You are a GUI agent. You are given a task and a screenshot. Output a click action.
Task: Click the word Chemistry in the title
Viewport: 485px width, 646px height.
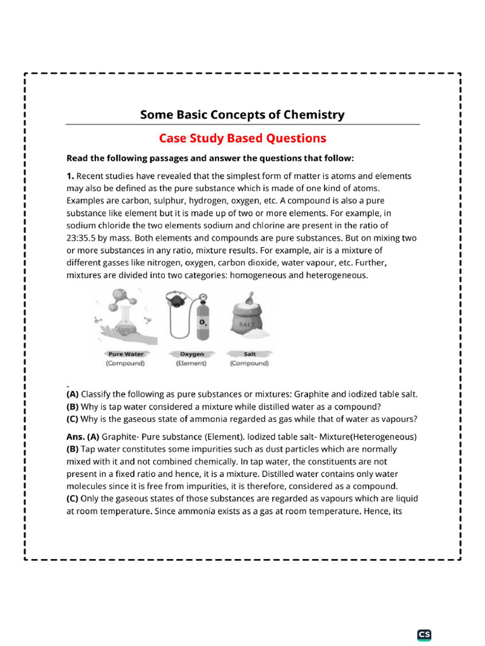[313, 115]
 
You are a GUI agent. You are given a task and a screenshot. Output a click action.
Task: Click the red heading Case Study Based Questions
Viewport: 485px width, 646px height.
[242, 138]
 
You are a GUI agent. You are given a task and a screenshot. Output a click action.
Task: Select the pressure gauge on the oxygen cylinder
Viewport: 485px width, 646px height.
[203, 297]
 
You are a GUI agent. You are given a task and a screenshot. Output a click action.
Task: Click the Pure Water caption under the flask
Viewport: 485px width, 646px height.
[125, 354]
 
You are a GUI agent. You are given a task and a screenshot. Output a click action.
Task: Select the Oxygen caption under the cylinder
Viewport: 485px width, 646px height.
[191, 354]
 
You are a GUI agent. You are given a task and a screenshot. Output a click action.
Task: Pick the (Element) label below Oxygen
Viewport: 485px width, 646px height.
[191, 363]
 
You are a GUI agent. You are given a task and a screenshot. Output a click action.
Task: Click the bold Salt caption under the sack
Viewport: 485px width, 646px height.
[249, 354]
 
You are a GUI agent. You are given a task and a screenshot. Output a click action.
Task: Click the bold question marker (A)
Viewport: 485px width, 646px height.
[73, 394]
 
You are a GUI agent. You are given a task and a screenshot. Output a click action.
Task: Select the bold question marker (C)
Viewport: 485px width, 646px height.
[73, 418]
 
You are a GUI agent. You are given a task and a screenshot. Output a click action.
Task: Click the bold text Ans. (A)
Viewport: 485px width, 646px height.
[83, 437]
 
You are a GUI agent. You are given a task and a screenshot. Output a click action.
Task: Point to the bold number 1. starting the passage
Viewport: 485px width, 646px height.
[70, 177]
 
